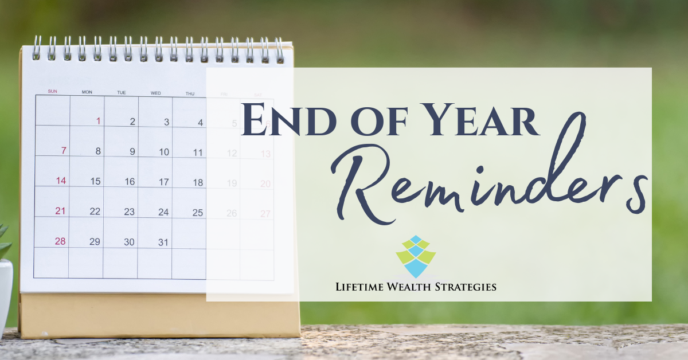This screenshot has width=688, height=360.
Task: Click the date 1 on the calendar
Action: pos(98,121)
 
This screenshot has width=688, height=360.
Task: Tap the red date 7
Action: pos(64,151)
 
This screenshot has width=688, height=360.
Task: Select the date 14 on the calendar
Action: pos(60,181)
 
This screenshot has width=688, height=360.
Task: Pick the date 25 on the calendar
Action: pos(197,213)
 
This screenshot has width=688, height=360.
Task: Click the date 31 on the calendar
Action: pos(163,242)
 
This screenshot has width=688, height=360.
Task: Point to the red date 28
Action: pos(60,241)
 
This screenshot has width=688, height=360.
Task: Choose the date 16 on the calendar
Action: pos(130,182)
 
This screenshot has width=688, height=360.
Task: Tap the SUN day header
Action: pos(52,91)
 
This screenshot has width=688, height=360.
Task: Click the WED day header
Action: pos(155,92)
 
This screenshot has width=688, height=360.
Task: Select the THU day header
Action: pos(190,93)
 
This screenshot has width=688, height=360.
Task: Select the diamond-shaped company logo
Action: pos(416,256)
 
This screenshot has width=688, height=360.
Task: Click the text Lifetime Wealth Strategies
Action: pos(416,287)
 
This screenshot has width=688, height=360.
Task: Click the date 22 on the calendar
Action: pos(95,212)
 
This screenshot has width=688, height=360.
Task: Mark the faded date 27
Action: pos(265,214)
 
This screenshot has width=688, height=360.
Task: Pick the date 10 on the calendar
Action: pos(164,152)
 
